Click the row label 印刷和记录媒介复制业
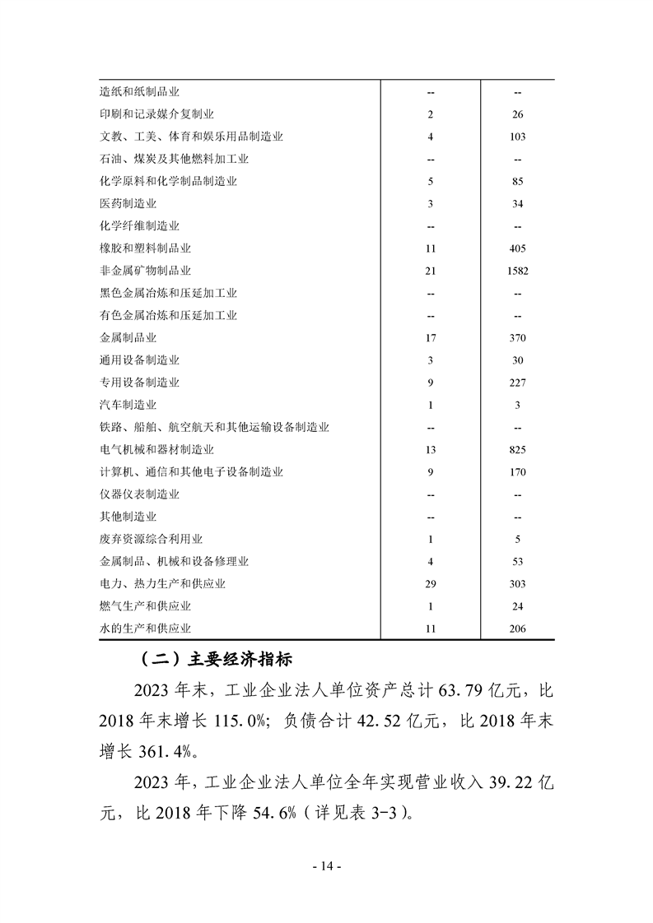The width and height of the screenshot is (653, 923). click(x=156, y=114)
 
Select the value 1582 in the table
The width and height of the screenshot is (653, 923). click(x=518, y=271)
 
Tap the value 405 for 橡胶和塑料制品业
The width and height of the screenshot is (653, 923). click(x=518, y=248)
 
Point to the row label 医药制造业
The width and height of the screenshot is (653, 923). click(x=128, y=204)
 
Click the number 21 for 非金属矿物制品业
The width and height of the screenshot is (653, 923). click(x=431, y=271)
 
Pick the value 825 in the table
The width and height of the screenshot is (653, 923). click(x=518, y=450)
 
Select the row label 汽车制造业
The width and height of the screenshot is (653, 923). click(x=128, y=405)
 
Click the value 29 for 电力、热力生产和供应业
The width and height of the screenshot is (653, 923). click(x=431, y=584)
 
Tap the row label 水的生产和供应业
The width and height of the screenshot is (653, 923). click(x=145, y=629)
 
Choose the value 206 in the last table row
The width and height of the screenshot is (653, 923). click(x=518, y=629)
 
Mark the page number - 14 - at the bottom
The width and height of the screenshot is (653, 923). click(x=326, y=866)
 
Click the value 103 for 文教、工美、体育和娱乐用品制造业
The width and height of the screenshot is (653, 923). click(x=518, y=137)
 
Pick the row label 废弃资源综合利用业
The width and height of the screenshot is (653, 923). click(x=151, y=540)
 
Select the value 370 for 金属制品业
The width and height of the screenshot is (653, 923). click(x=518, y=338)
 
